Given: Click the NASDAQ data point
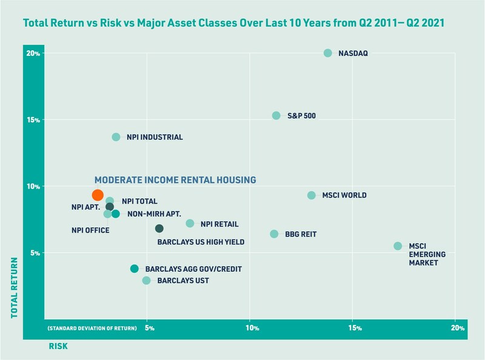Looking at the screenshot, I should pos(328,53).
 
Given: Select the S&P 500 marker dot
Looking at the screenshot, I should pos(276,115).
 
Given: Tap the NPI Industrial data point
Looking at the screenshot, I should pos(116,137).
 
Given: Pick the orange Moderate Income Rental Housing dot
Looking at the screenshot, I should pos(98,195).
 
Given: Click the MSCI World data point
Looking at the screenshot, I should pos(312,195).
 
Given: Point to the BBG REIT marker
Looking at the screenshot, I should pos(274,234).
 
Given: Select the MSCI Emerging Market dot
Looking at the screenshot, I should pos(398,246).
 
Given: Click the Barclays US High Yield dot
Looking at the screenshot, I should pos(159,228).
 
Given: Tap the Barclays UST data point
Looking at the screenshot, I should pos(146,281).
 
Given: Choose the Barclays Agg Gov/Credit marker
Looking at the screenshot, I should pos(135,268).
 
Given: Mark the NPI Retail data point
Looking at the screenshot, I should pos(190,224).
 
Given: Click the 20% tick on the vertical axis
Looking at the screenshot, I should pos(33,53).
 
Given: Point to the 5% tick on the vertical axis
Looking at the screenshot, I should pos(35,253).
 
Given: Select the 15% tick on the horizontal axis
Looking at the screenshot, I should pos(355,328).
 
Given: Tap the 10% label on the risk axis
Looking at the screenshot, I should pos(252,328).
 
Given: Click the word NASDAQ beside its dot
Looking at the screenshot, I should pos(353,53).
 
